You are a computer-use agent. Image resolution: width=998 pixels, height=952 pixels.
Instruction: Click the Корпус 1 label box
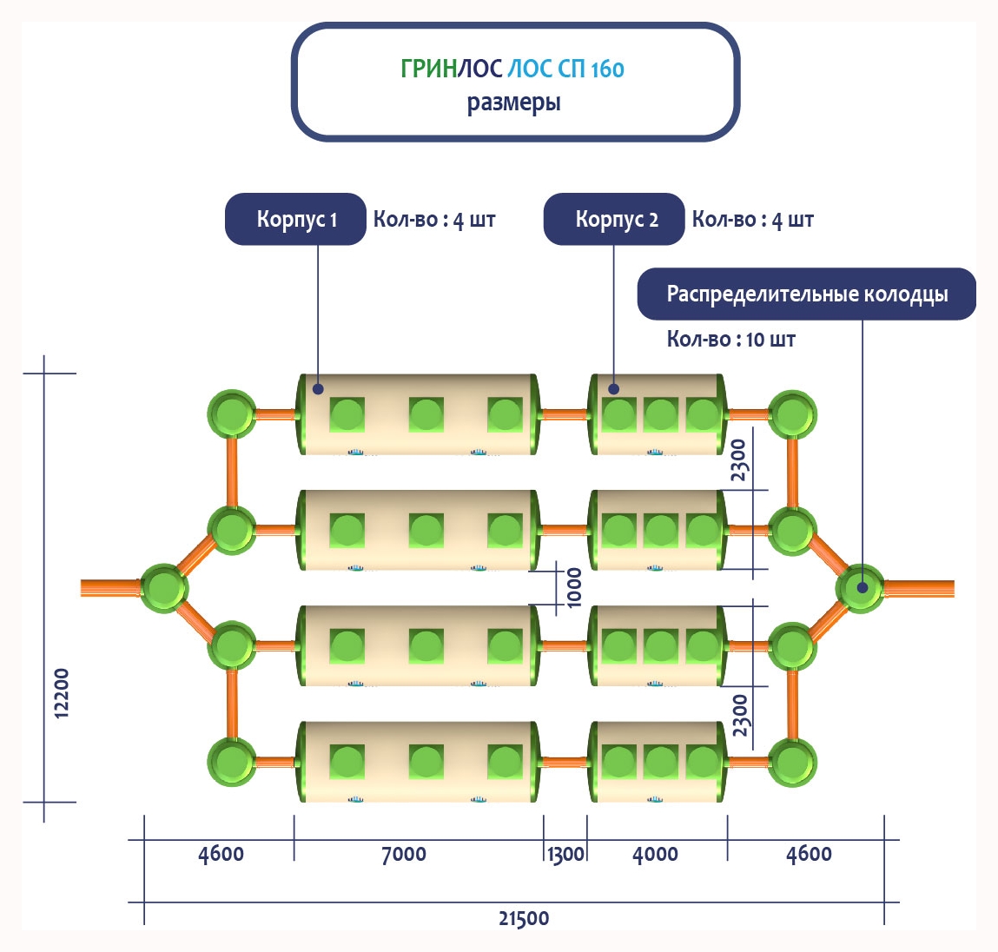click(x=295, y=219)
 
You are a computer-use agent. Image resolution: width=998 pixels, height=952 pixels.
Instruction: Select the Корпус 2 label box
click(x=614, y=219)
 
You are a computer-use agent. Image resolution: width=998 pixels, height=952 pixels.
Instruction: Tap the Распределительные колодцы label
click(x=806, y=294)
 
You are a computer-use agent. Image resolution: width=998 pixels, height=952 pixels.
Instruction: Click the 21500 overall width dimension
click(x=524, y=918)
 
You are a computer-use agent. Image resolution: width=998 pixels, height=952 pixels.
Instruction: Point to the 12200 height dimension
click(x=61, y=692)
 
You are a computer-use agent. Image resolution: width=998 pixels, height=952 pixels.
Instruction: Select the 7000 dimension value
click(x=404, y=854)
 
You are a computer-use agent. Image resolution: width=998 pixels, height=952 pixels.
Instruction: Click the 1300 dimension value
click(x=565, y=854)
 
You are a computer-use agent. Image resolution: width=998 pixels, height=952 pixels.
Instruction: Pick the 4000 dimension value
click(x=655, y=854)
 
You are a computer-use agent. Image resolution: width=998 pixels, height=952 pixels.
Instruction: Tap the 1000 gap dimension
click(x=574, y=587)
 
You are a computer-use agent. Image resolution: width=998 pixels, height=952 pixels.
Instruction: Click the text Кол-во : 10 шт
click(x=730, y=339)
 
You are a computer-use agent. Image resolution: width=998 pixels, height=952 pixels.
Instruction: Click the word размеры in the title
click(x=514, y=102)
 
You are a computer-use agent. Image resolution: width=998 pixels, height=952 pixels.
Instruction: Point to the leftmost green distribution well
click(x=164, y=588)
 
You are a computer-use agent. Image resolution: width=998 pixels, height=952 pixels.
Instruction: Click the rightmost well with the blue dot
click(x=861, y=587)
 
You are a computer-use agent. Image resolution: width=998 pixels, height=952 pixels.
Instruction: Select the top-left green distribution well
click(x=232, y=413)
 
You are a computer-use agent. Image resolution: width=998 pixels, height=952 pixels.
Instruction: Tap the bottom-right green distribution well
click(x=791, y=763)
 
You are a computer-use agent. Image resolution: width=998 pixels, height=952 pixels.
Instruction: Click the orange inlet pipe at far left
click(x=109, y=588)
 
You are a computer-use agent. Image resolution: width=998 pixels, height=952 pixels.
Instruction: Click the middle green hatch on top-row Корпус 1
click(x=426, y=414)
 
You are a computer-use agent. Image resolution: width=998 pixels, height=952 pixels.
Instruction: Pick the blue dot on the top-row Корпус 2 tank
click(x=613, y=388)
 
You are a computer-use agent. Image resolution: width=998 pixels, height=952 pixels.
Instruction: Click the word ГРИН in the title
click(x=428, y=69)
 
